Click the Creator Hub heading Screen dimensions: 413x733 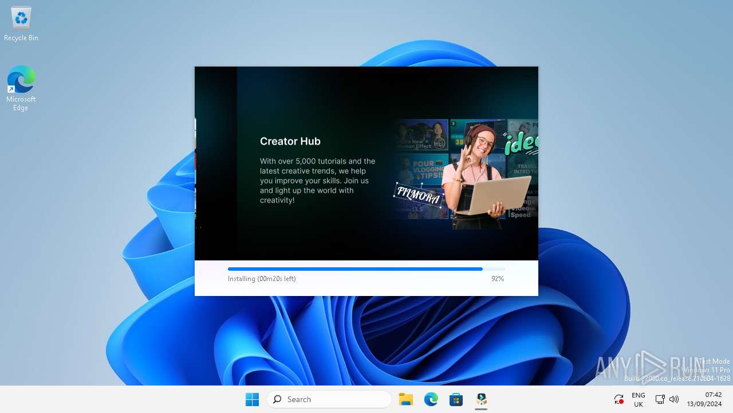coord(290,141)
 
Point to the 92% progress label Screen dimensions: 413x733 coord(497,279)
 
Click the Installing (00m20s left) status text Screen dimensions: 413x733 coord(262,279)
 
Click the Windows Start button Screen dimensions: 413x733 coord(252,399)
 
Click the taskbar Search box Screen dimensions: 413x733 coord(329,399)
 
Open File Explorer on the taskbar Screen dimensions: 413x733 coord(406,399)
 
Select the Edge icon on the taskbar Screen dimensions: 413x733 coord(431,399)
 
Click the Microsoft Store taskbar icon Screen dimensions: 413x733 coord(456,399)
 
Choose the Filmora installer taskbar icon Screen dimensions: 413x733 coord(482,399)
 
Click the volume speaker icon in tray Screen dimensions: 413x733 coord(674,399)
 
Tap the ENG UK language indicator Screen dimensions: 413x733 coord(638,400)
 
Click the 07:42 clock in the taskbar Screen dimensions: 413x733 coord(713,395)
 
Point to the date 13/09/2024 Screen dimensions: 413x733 coord(704,404)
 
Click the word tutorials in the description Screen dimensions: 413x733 coord(329,161)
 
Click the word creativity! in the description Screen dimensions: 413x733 coord(277,200)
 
